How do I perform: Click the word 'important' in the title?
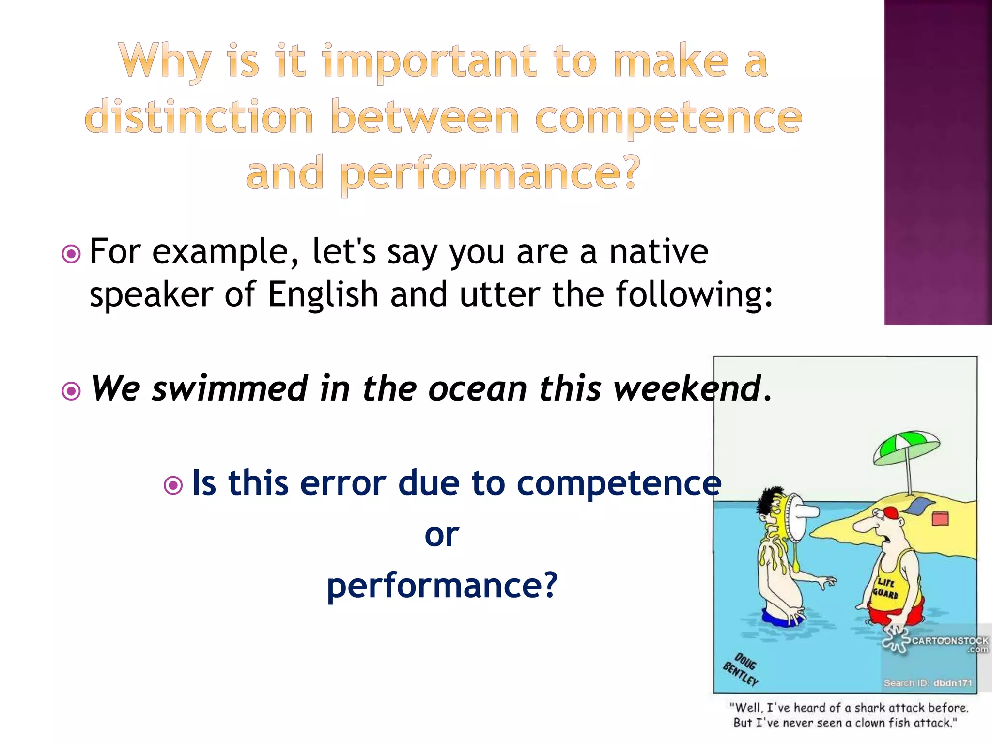(x=429, y=62)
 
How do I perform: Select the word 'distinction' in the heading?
(x=199, y=117)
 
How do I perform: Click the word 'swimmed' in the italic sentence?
(x=230, y=389)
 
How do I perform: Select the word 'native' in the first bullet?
(x=658, y=252)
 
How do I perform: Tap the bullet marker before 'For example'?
(x=72, y=253)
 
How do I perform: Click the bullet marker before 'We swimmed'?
(x=72, y=390)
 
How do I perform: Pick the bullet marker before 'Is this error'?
(x=173, y=485)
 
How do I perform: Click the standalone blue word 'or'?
(x=441, y=535)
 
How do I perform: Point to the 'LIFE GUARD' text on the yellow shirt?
(x=886, y=588)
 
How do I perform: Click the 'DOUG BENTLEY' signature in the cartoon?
(x=741, y=670)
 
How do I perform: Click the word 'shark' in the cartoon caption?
(x=870, y=708)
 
